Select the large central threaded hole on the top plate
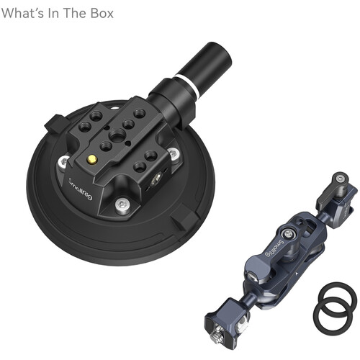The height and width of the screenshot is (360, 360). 113,134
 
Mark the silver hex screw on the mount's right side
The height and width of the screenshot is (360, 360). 173,150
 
